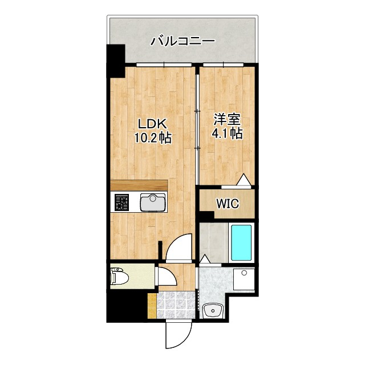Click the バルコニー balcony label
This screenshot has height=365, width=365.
point(182,42)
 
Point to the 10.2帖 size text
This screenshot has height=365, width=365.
point(152,137)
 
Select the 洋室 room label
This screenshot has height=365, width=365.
point(227,120)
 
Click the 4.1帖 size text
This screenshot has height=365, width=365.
point(228,135)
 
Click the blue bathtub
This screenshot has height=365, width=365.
point(241,242)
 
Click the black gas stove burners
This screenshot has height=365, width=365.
point(121,202)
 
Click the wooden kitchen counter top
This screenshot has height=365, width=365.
point(139,186)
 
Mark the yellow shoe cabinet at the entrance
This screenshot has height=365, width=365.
point(151,306)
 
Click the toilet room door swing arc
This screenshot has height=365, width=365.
point(167,278)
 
